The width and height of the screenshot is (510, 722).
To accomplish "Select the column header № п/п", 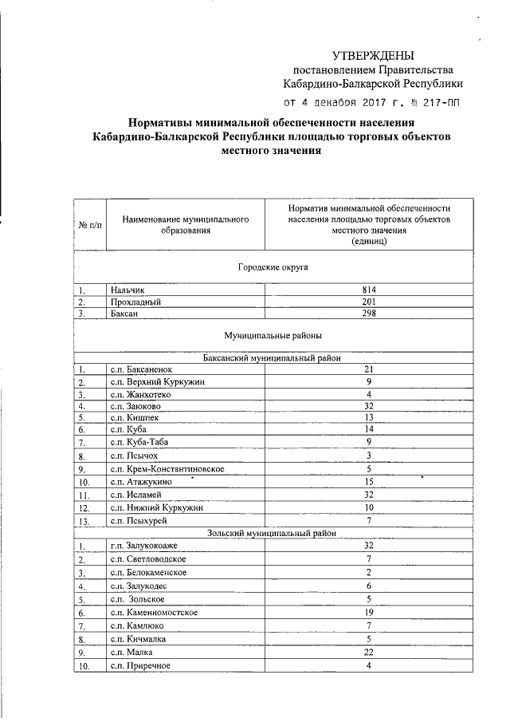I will [x=90, y=225].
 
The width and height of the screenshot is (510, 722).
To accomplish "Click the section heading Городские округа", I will [x=273, y=267].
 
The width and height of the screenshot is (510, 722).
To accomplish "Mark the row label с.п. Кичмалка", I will [x=141, y=639].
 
